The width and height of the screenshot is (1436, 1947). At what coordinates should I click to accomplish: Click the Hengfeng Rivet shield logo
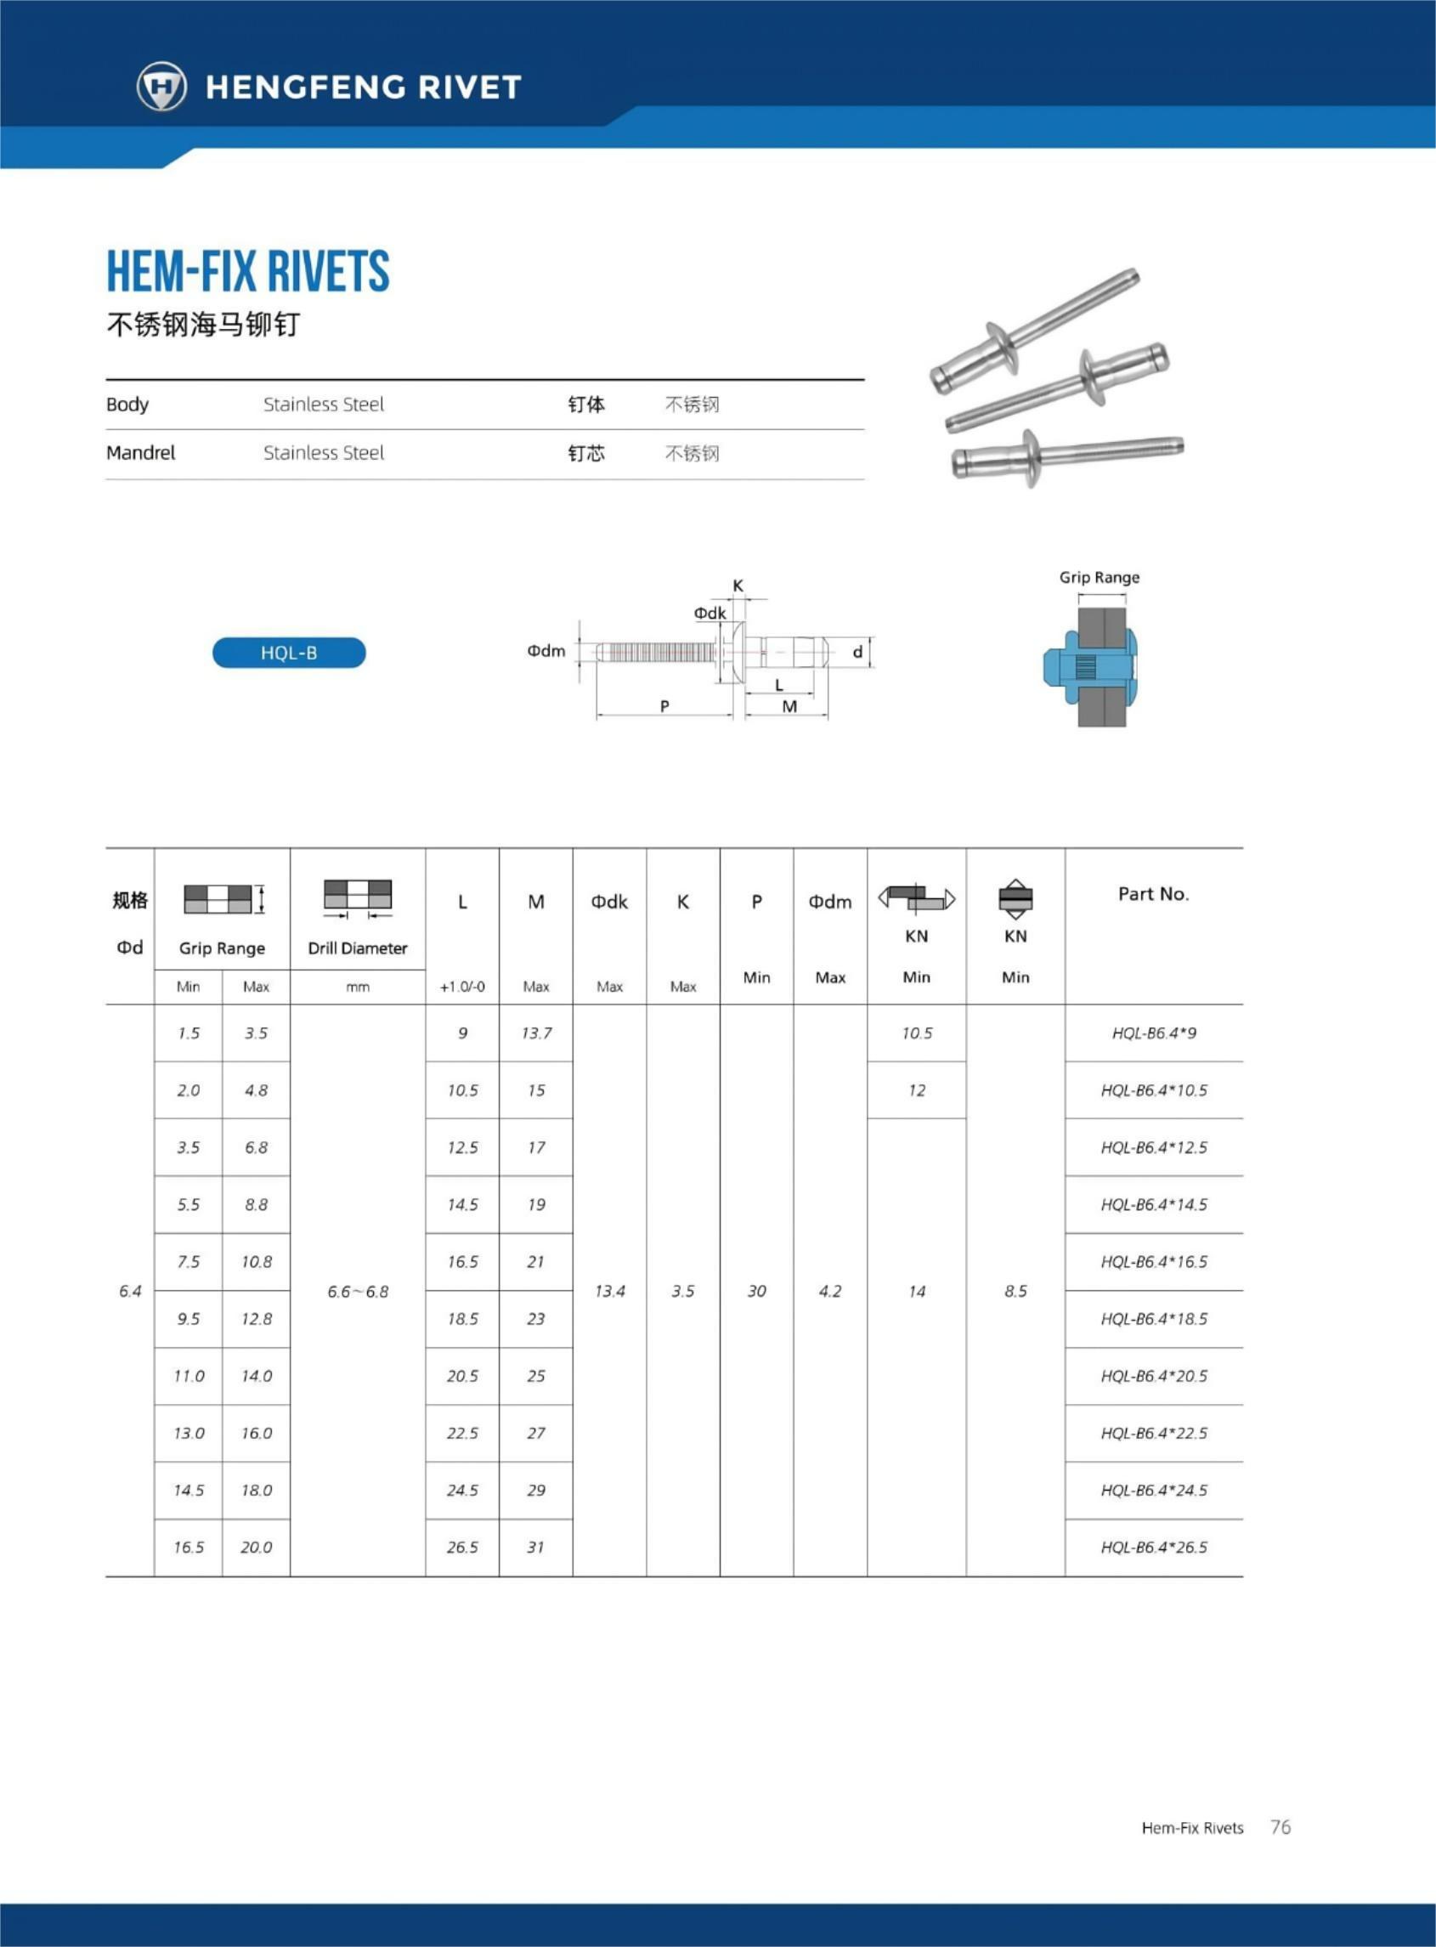pos(161,86)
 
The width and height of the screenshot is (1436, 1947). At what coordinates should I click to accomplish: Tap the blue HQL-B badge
pos(289,653)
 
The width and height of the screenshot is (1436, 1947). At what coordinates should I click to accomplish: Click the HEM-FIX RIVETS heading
pos(248,271)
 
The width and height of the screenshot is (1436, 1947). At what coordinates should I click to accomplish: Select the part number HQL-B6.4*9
pos(1154,1033)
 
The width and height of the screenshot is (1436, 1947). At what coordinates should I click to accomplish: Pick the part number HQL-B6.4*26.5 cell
pos(1154,1548)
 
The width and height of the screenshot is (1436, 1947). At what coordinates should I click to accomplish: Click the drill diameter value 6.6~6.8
pos(357,1292)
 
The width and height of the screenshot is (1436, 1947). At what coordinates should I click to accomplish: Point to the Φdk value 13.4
pos(609,1291)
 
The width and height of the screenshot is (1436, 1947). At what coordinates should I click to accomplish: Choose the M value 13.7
pos(536,1033)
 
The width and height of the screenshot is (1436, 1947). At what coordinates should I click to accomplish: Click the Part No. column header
pos(1153,893)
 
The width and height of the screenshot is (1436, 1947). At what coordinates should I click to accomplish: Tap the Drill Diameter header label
pos(357,948)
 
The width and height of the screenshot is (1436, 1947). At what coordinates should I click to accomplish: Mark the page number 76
pos(1281,1827)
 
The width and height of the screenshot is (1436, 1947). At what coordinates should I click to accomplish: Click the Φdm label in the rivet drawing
pos(546,651)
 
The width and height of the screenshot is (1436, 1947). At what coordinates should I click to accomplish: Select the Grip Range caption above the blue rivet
pos(1099,577)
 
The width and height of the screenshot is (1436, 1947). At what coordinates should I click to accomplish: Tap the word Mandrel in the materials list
pos(141,453)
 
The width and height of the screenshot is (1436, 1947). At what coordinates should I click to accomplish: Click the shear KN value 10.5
pos(916,1033)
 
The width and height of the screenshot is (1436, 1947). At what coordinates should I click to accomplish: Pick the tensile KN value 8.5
pos(1015,1291)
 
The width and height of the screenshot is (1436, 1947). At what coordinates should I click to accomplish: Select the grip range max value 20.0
pos(257,1548)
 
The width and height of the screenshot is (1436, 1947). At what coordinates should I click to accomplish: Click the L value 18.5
pos(462,1319)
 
